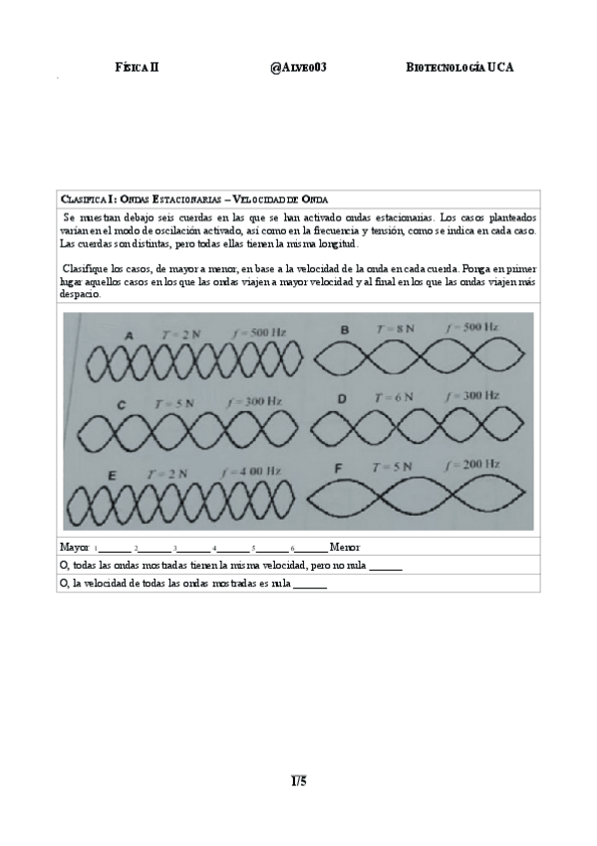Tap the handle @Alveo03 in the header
coord(298,67)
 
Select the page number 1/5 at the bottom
coord(298,780)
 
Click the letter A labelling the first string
coord(130,336)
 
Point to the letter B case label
coord(345,329)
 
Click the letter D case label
coord(341,398)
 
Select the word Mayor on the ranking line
coord(75,548)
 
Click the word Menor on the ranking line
coord(344,548)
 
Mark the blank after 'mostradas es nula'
coord(310,584)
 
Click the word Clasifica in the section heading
coord(82,200)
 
